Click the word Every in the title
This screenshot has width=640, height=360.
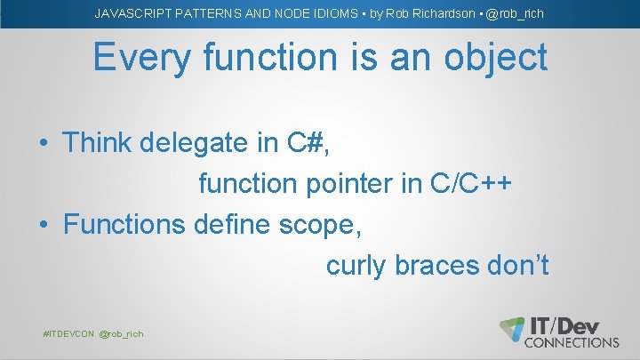click(x=143, y=59)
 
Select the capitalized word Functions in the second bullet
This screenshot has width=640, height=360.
click(x=124, y=225)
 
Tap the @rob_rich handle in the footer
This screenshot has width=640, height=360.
click(x=121, y=333)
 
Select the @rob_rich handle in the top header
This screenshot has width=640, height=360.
click(x=513, y=13)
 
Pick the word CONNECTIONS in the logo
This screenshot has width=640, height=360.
click(x=573, y=342)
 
